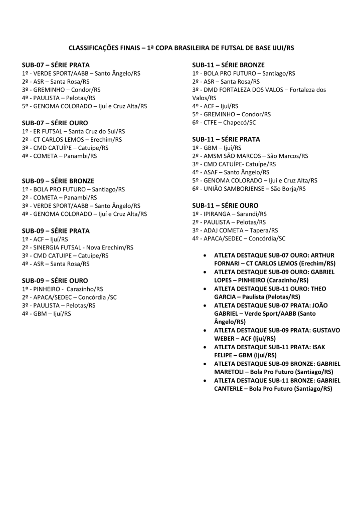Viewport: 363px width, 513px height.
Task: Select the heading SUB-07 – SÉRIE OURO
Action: click(55, 123)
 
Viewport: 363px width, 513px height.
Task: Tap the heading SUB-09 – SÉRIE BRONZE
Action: click(58, 181)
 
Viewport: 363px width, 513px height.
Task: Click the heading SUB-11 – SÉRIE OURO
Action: click(225, 205)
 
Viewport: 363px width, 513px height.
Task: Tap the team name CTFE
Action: click(211, 123)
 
